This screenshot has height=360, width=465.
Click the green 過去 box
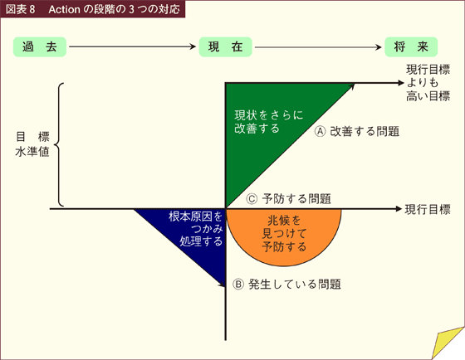tap(40, 46)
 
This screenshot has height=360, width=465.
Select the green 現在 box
tap(225, 46)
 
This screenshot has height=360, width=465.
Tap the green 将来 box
tap(411, 46)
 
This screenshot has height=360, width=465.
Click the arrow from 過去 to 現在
tap(132, 46)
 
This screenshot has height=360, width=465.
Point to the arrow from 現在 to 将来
tap(318, 47)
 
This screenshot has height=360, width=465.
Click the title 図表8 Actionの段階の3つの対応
tap(92, 9)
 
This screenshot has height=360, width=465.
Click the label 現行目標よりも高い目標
tap(428, 83)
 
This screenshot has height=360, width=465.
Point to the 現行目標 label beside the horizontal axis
tap(428, 210)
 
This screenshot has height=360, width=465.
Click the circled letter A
tap(321, 131)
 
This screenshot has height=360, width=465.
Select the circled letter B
tap(238, 285)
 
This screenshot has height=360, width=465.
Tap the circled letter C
tap(252, 199)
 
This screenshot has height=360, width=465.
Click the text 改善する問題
tap(365, 131)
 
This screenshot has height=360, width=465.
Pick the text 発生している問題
tap(295, 285)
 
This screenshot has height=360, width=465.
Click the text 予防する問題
tap(296, 199)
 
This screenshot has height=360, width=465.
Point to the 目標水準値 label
tap(32, 144)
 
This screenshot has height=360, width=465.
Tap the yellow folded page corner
tap(447, 343)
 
